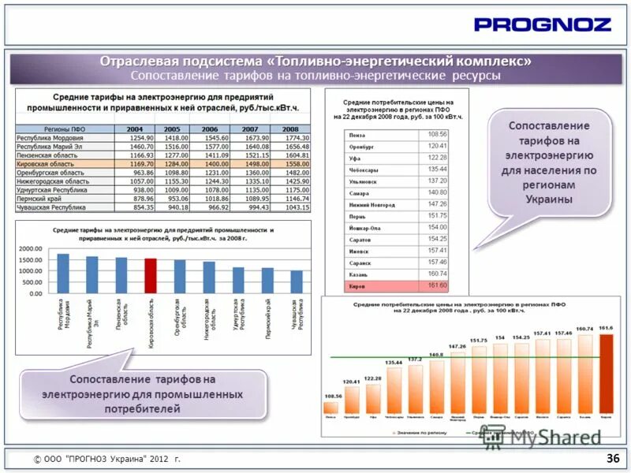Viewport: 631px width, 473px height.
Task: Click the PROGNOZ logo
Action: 542,24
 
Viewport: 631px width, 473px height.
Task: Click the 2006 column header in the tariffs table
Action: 209,129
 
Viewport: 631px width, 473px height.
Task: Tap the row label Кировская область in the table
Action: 47,164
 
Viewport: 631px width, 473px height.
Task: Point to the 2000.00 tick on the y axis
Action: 31,248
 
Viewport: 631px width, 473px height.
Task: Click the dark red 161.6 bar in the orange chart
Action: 606,374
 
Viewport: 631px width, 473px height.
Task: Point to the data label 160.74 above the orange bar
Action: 584,329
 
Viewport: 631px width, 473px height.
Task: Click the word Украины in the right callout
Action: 549,199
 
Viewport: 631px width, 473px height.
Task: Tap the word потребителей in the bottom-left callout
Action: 143,409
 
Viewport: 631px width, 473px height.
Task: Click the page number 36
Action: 612,458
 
